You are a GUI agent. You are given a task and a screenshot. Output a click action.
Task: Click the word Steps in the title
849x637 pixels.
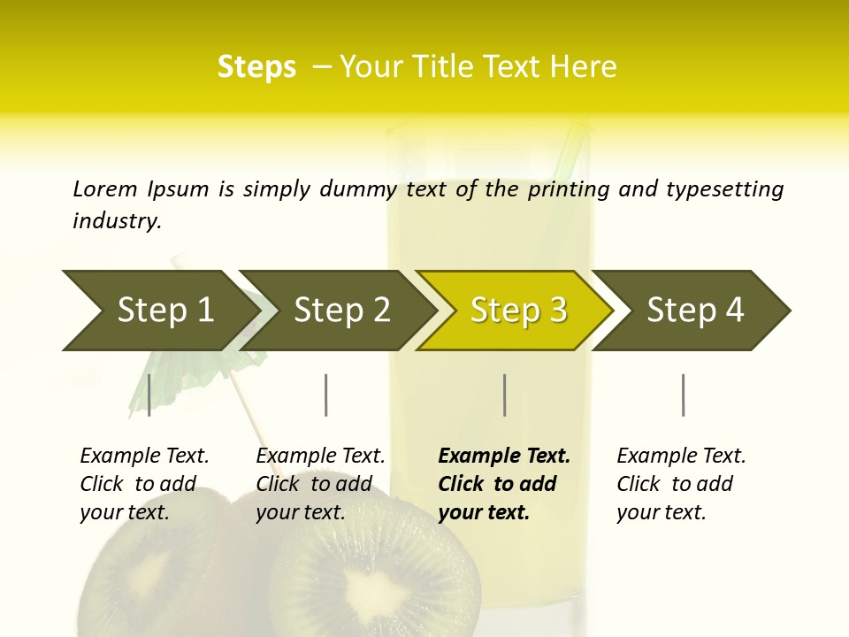pyautogui.click(x=256, y=67)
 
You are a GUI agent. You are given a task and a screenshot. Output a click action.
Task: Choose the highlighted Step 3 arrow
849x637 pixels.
pyautogui.click(x=518, y=311)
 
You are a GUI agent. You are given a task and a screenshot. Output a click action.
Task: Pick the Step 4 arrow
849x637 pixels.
pyautogui.click(x=695, y=311)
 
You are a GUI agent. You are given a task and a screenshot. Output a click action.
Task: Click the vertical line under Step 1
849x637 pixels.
pyautogui.click(x=149, y=395)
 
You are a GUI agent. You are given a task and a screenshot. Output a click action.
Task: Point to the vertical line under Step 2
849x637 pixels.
pyautogui.click(x=326, y=395)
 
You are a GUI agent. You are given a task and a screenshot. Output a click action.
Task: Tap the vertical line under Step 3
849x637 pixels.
pyautogui.click(x=505, y=395)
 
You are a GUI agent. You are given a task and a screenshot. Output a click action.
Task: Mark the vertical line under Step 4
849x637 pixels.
pyautogui.click(x=684, y=395)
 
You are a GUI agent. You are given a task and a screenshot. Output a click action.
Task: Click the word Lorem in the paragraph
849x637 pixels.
pyautogui.click(x=105, y=189)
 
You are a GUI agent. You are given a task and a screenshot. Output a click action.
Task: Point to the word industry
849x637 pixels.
pyautogui.click(x=117, y=221)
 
